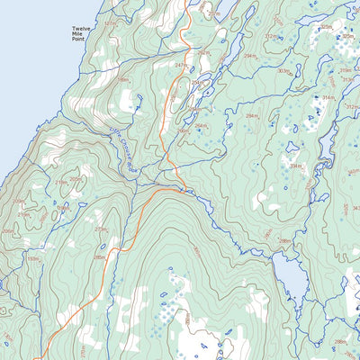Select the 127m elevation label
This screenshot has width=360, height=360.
coord(110,22)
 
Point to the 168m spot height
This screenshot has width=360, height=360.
coord(124,82)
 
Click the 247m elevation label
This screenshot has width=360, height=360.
coord(181,66)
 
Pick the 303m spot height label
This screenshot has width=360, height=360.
coord(283,71)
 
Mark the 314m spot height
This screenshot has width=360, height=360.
coord(328,97)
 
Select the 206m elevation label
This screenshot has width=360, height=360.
coord(8,232)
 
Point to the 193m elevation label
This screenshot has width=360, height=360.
coord(34,259)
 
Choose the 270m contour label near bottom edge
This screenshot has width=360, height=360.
coord(83,349)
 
